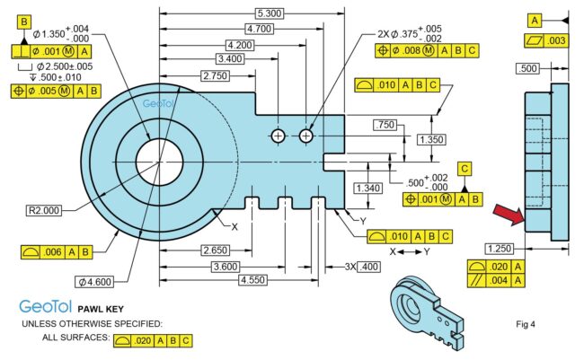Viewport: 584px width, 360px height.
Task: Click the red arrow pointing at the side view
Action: pyautogui.click(x=509, y=215)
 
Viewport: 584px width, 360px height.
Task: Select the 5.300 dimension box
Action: pyautogui.click(x=270, y=13)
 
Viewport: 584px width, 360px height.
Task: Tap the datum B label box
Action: pyautogui.click(x=24, y=22)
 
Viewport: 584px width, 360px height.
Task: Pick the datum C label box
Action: pyautogui.click(x=465, y=169)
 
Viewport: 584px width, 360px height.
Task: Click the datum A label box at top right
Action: pyautogui.click(x=535, y=21)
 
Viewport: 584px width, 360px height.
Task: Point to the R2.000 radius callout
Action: pyautogui.click(x=44, y=210)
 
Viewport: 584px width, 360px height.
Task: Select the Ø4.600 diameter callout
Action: pyautogui.click(x=94, y=282)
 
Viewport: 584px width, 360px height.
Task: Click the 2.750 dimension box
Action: pyautogui.click(x=215, y=76)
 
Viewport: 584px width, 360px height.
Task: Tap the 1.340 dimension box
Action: pyautogui.click(x=368, y=188)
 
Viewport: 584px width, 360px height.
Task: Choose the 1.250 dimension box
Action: pyautogui.click(x=500, y=249)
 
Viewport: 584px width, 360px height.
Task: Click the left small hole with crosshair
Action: pyautogui.click(x=278, y=136)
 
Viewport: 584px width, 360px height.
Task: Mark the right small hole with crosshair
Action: pyautogui.click(x=305, y=136)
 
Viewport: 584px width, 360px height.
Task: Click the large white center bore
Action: pyautogui.click(x=159, y=162)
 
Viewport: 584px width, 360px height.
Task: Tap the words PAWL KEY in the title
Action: pyautogui.click(x=101, y=309)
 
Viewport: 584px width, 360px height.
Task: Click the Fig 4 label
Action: pyautogui.click(x=526, y=324)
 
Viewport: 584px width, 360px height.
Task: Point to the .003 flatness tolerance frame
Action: pyautogui.click(x=547, y=40)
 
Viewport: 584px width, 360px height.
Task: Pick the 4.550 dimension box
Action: pyautogui.click(x=252, y=280)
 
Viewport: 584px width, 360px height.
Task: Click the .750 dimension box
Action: pyautogui.click(x=385, y=125)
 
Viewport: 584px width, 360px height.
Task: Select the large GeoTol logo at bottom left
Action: pyautogui.click(x=45, y=307)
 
